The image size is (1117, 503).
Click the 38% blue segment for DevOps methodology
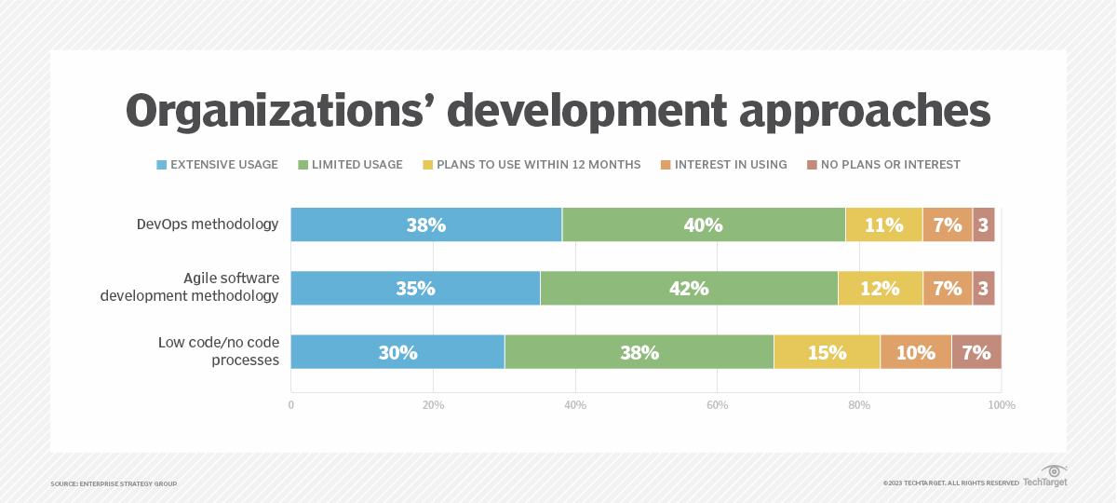coord(425,224)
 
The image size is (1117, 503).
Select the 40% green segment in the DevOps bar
coord(704,224)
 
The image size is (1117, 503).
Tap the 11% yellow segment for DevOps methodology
coord(883,224)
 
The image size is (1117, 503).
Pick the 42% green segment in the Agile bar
coord(689,289)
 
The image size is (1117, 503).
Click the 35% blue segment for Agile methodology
coord(415,289)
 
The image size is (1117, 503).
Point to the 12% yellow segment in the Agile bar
coord(880,289)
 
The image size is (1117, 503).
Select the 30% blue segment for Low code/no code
coord(397,352)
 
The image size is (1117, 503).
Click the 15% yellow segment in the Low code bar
coord(827,352)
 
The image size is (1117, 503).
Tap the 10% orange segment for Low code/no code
coord(916,352)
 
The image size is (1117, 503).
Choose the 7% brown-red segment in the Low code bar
coord(976,352)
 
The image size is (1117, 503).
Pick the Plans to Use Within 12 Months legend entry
coord(532,165)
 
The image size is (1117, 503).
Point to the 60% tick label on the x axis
coord(717,405)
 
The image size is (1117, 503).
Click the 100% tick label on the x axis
coord(1002,405)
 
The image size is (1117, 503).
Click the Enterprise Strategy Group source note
coord(114,483)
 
